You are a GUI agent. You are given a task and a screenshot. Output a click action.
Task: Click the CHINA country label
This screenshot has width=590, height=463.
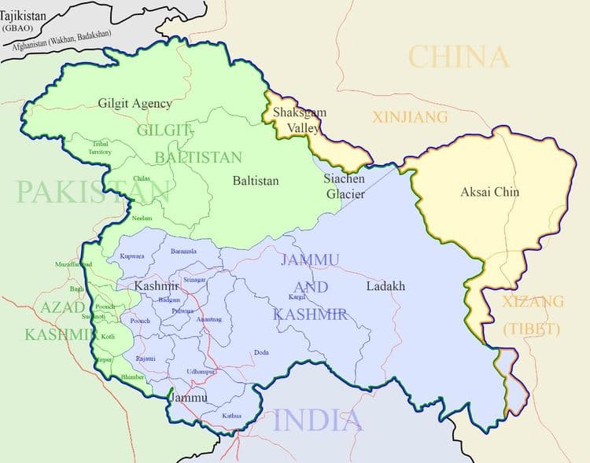coord(459,57)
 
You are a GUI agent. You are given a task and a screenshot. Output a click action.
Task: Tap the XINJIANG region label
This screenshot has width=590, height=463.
coord(410,117)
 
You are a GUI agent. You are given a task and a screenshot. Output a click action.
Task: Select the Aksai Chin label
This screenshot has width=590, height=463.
coord(489,191)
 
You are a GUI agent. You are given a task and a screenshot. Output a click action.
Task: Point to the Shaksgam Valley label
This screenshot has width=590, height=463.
coord(299,120)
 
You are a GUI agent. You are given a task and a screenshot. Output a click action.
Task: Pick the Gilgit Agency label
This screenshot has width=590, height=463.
coord(135,103)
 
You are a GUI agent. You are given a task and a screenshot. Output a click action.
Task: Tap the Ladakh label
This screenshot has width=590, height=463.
coord(385,286)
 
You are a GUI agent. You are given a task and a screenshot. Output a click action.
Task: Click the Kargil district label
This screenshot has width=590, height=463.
coord(297,297)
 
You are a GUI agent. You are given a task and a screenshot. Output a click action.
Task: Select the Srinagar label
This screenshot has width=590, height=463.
coord(194,280)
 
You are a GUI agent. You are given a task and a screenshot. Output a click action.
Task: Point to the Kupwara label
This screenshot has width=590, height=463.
coord(132,256)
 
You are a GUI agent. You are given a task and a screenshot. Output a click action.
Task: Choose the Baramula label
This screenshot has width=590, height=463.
coord(183,252)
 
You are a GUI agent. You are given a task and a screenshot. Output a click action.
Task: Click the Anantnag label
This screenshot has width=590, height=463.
coord(208,319)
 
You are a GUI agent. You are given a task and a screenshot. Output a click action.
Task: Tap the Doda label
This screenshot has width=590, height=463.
coord(261,353)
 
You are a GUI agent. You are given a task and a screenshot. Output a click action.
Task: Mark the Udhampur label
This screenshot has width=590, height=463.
coord(201,371)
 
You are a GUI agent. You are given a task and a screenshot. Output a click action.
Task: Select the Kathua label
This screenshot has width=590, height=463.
coord(231,415)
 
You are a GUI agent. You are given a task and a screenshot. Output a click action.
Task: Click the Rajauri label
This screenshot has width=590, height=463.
coord(146,358)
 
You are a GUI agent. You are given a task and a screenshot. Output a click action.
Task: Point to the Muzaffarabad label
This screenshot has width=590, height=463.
coord(74,264)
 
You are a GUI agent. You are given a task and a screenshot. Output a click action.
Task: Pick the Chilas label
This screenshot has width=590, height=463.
coord(142,178)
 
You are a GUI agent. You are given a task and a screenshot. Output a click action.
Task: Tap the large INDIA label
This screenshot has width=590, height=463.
coord(318,420)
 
